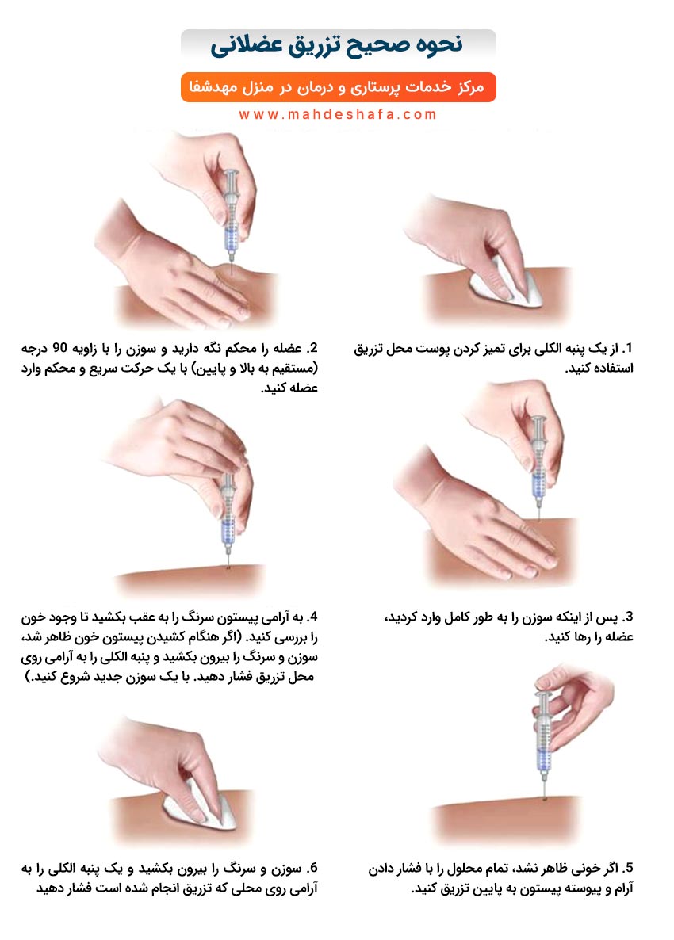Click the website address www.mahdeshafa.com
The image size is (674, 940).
338,114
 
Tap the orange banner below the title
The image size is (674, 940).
339,87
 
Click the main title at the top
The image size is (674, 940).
337,45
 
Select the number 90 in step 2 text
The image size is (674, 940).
61,348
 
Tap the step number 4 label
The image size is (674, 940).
311,617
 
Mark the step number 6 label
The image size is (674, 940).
311,868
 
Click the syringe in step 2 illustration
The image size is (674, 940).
231,219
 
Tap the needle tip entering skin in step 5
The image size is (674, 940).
545,798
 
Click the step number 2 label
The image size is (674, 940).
311,348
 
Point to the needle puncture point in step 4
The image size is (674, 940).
228,566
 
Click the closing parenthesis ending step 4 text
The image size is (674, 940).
28,677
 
